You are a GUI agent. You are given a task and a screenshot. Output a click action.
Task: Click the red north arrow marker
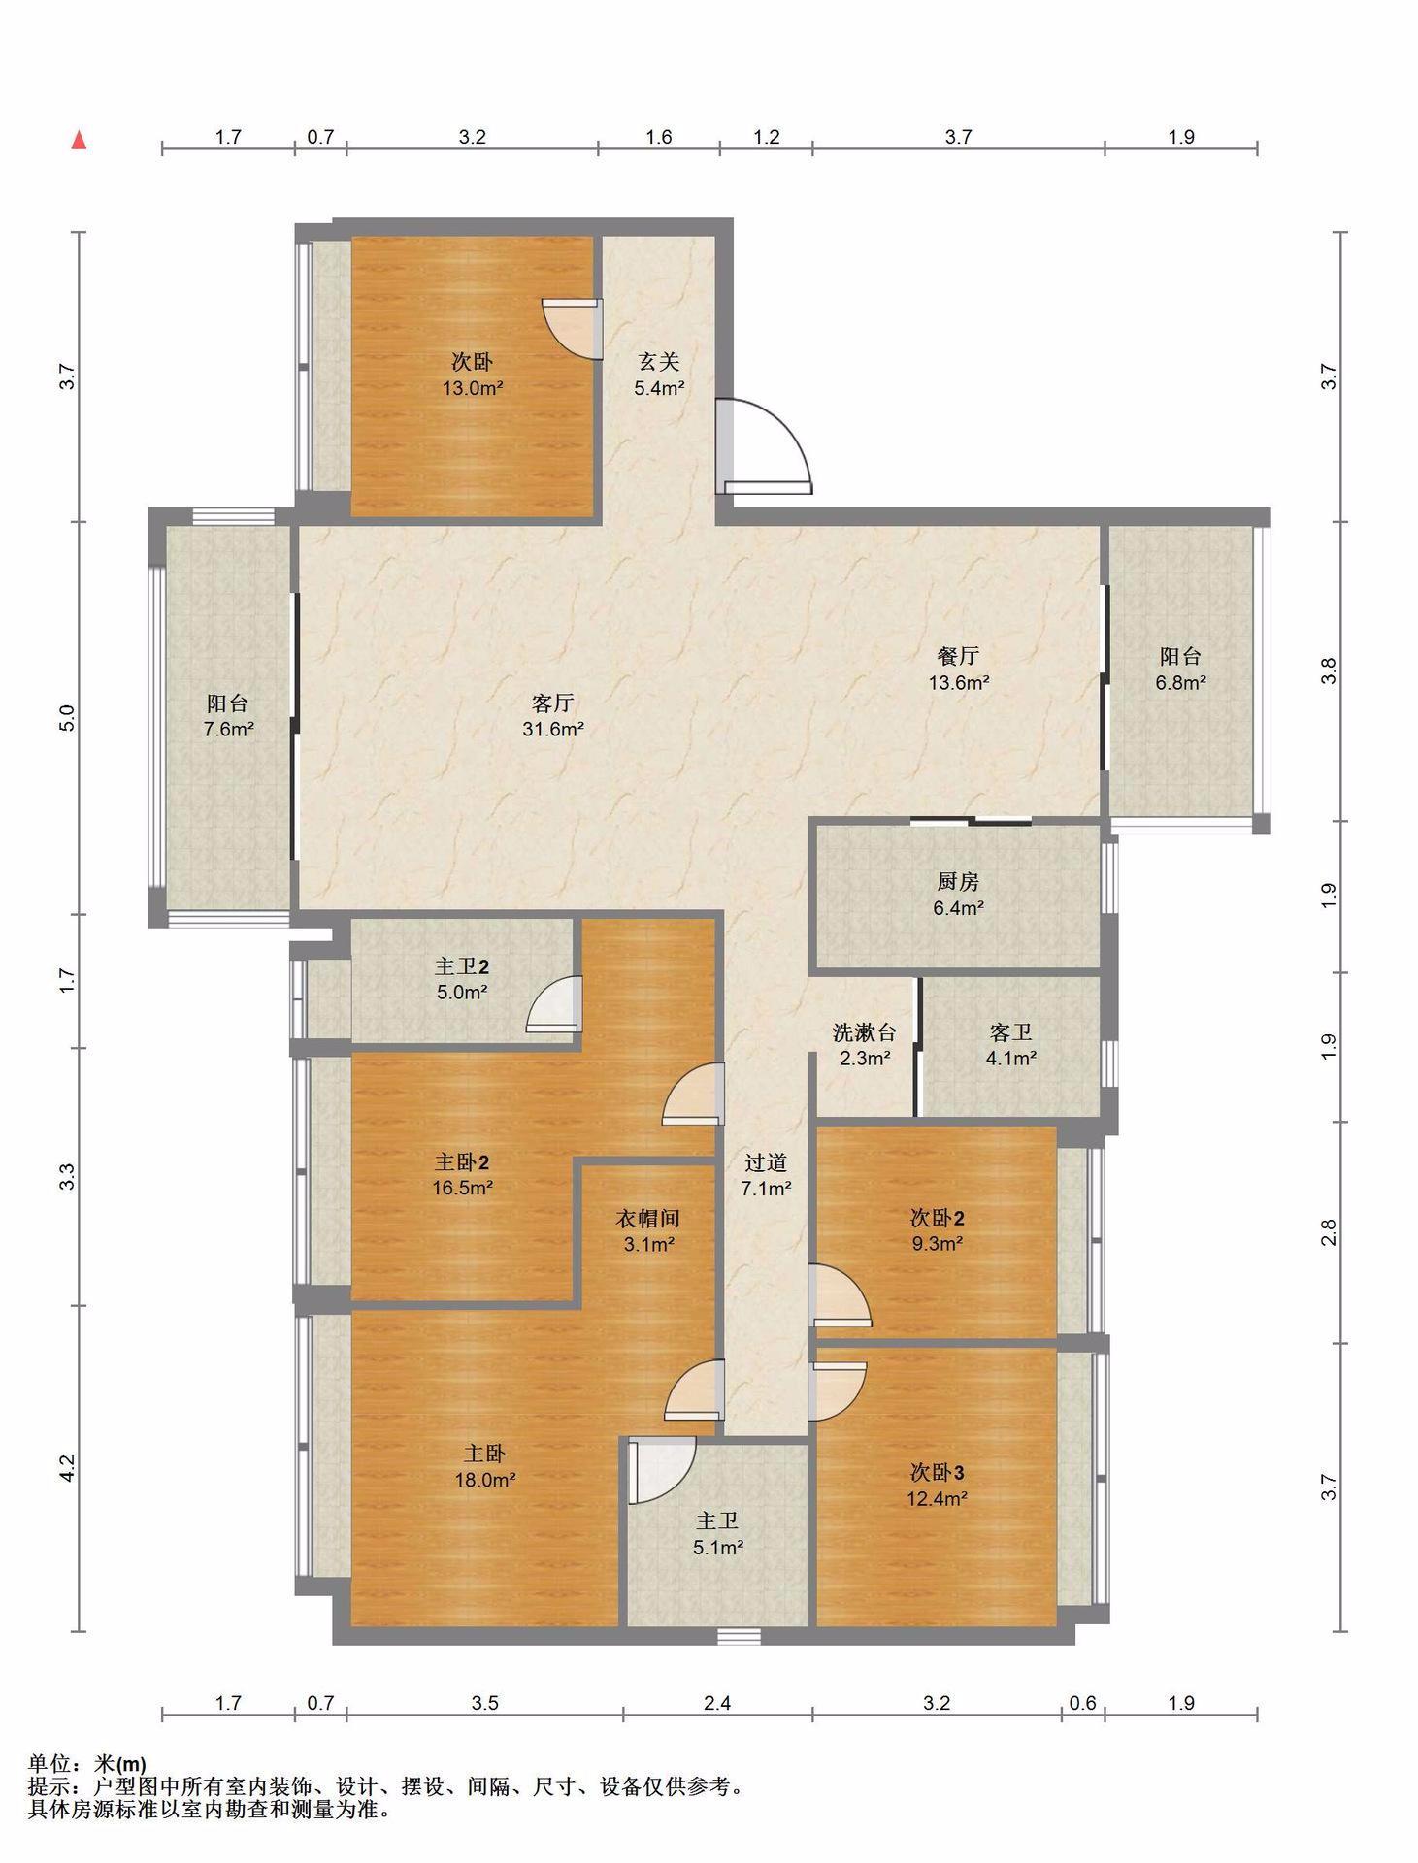[x=80, y=140]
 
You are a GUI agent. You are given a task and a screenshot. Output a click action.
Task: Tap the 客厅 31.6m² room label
[x=553, y=715]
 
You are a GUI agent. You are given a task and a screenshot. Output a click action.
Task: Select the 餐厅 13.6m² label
[x=959, y=669]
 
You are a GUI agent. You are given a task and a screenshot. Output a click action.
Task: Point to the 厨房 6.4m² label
[x=959, y=895]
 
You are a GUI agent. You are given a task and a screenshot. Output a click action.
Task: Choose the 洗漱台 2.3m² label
[x=865, y=1045]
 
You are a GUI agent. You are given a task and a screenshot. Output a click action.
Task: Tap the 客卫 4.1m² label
[x=1011, y=1045]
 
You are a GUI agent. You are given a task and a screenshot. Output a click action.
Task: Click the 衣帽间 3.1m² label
[x=648, y=1230]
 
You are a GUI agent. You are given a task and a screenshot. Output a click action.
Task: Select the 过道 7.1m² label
[x=766, y=1175]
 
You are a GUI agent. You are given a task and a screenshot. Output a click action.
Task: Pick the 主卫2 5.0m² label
[x=461, y=979]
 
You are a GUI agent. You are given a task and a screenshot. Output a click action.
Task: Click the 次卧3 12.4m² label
[x=938, y=1486]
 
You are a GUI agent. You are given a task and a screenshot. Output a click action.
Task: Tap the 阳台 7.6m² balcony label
[x=228, y=715]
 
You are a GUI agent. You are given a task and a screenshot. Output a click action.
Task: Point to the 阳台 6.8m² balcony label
[x=1180, y=669]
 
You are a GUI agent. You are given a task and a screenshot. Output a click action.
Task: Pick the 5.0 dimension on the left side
[x=66, y=718]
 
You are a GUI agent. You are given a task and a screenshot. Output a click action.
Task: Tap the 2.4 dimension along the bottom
[x=717, y=1702]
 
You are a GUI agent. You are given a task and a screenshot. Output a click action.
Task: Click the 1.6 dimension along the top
[x=659, y=137]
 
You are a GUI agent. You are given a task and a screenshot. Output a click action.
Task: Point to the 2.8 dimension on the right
[x=1329, y=1232]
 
